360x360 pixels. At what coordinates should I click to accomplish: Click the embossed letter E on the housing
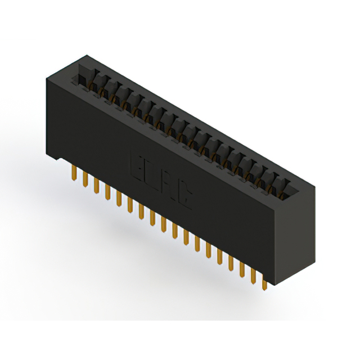click(x=138, y=164)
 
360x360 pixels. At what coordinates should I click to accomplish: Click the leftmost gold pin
click(x=74, y=173)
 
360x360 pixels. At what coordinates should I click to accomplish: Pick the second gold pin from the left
click(x=85, y=179)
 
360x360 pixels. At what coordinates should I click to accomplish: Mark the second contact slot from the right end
click(x=272, y=184)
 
